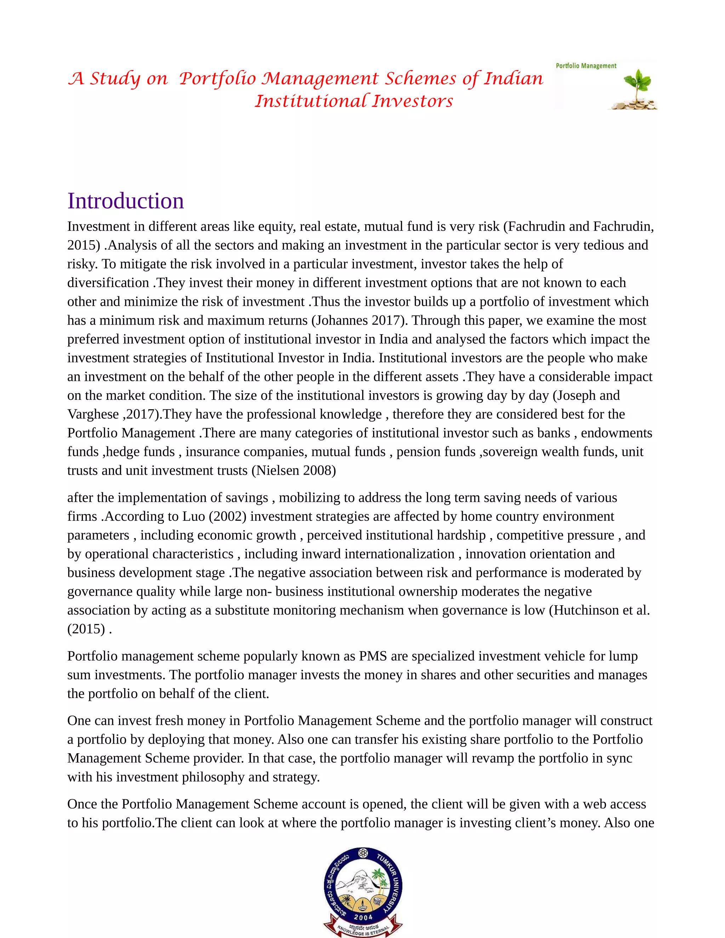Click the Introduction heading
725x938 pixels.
[x=125, y=201]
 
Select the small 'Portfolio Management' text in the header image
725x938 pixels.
[x=586, y=66]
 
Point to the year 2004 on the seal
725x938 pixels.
[x=363, y=917]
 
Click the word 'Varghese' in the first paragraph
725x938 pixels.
[x=93, y=414]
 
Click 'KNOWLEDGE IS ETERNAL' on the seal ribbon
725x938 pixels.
[x=363, y=930]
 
